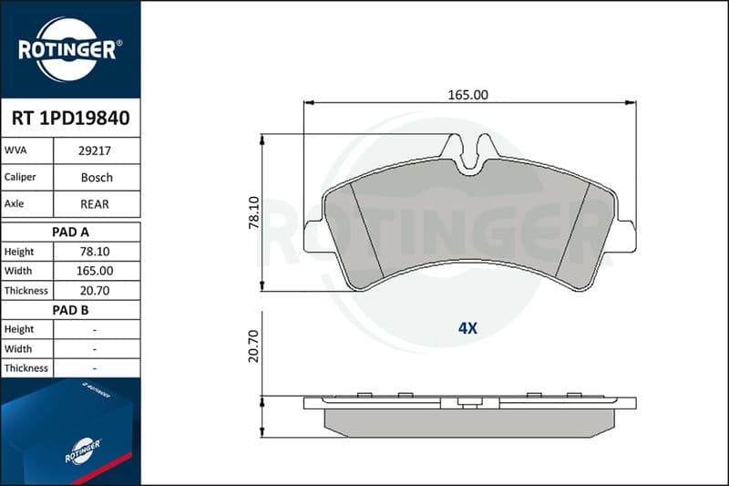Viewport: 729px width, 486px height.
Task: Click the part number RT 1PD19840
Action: (x=71, y=119)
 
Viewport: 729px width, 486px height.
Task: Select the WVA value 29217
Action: (x=95, y=150)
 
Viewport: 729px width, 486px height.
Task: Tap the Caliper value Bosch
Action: (x=97, y=177)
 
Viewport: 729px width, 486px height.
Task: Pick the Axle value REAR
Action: (x=95, y=203)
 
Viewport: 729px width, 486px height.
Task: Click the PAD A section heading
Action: (x=71, y=233)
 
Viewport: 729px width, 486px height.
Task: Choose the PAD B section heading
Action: (x=71, y=310)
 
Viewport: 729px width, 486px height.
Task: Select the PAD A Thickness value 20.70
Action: (x=95, y=291)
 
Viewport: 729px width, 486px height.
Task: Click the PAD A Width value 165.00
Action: (x=95, y=271)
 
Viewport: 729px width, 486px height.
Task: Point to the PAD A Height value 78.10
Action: (x=95, y=252)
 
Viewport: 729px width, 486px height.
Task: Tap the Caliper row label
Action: (x=20, y=177)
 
